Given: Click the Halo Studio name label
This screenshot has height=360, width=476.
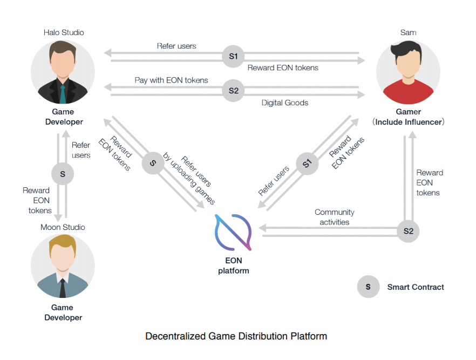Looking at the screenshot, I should [64, 33].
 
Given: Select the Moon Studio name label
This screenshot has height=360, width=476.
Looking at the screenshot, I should [63, 227].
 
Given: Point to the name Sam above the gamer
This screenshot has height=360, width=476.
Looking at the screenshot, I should [408, 33].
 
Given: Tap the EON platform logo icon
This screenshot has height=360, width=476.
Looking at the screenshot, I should [233, 233].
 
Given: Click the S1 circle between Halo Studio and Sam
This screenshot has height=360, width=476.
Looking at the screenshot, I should [233, 57].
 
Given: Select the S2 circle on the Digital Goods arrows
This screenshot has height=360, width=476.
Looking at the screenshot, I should [233, 91].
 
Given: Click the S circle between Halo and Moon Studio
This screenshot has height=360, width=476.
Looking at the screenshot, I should [63, 174].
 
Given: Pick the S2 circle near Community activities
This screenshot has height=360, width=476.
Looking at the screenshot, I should [408, 231].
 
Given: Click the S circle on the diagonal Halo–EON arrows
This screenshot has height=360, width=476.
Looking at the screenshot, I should [153, 163].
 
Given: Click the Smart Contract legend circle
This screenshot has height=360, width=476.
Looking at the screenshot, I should [368, 287].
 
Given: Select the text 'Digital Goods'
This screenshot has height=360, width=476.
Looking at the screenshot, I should [285, 103].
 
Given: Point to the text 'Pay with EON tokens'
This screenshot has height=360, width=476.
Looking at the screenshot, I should [172, 80].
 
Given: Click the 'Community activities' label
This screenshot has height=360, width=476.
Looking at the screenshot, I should [335, 217].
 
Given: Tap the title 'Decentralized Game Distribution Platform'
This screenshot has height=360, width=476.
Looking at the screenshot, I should [236, 336].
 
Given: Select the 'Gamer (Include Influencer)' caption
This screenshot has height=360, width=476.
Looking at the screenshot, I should [408, 117].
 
